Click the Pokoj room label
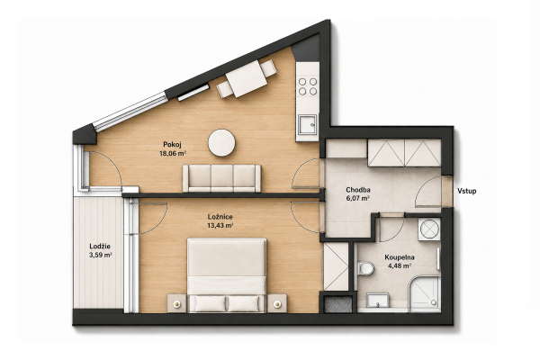172,144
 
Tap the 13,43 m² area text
220,225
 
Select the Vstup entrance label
467,191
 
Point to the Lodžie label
100,247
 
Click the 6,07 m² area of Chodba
358,198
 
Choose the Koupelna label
400,257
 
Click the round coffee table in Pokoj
221,143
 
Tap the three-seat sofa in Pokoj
221,178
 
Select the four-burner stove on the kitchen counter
308,86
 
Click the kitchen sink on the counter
308,124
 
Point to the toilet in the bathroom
365,268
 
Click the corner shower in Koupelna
425,294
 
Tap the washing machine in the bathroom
429,229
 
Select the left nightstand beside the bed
177,303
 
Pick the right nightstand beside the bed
277,303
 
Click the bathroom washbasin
378,301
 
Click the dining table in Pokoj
247,79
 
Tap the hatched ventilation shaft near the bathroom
338,304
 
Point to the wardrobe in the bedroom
336,266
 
